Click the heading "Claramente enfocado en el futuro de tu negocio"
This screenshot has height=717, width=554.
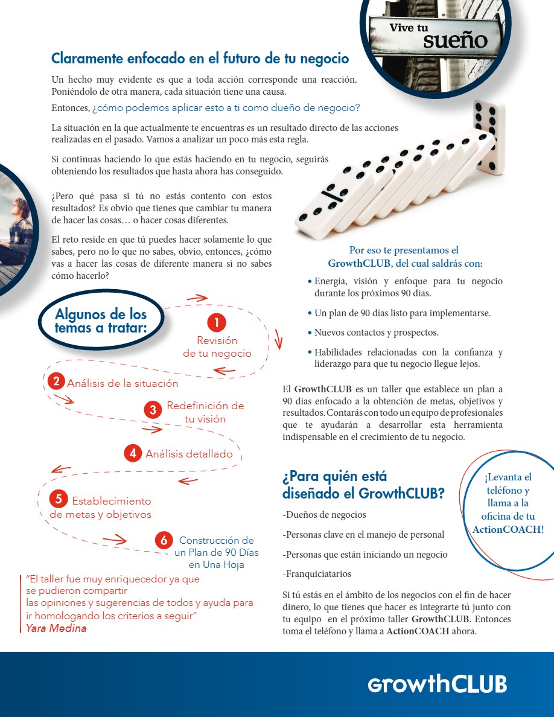tap(200, 59)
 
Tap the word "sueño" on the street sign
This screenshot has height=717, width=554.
tap(454, 40)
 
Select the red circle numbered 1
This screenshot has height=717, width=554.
tap(216, 322)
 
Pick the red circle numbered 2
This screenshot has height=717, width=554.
tap(56, 381)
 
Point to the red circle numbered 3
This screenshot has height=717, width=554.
tap(153, 410)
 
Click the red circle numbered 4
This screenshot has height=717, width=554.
tap(133, 453)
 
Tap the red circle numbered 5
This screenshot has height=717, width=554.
tap(59, 499)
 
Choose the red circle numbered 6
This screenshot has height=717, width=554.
tap(164, 540)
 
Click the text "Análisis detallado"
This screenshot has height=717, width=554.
tap(189, 454)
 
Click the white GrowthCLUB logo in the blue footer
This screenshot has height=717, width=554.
tap(438, 684)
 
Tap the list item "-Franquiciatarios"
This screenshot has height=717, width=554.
tap(316, 574)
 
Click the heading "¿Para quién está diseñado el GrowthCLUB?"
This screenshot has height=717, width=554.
tap(363, 485)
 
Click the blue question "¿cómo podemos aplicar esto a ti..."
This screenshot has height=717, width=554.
tap(226, 108)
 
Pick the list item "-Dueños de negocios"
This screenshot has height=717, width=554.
tap(324, 515)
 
